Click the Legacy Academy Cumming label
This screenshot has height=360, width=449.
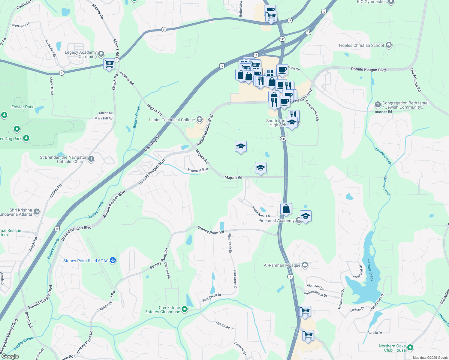[x=81, y=54]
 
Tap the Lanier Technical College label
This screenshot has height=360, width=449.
[x=172, y=120]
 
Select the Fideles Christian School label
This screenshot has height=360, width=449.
[x=361, y=45]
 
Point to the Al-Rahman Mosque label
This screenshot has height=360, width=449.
[x=282, y=265]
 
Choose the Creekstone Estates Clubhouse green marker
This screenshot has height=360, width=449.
[x=185, y=309]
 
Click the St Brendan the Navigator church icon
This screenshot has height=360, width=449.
[x=91, y=159]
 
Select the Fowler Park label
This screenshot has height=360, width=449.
[x=22, y=107]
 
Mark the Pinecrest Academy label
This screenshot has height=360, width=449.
[x=276, y=220]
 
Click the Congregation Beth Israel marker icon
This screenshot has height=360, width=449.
[x=378, y=105]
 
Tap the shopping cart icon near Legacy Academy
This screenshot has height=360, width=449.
[x=109, y=64]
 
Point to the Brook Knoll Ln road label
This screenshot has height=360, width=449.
[x=261, y=212]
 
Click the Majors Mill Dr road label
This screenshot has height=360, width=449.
[x=197, y=170]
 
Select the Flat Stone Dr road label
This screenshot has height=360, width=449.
[x=224, y=325]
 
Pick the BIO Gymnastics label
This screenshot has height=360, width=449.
[x=372, y=2]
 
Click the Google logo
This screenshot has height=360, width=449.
[x=10, y=356]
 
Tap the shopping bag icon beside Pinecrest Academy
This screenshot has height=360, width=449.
[x=286, y=209]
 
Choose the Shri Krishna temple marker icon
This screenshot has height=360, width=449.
[x=36, y=211]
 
